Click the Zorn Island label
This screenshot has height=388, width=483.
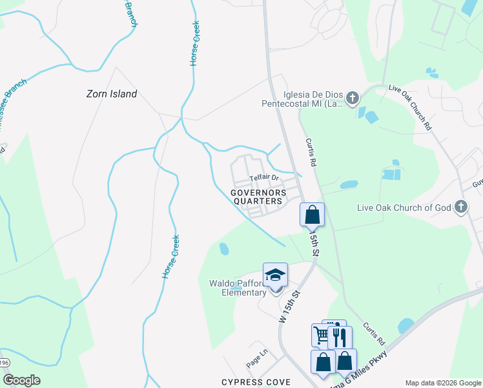112,94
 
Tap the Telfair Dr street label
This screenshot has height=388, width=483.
263,177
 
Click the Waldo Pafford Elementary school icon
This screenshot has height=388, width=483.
275,275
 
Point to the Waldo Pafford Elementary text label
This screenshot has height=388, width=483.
238,288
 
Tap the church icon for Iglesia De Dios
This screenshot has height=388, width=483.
352,98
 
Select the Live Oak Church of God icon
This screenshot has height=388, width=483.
460,207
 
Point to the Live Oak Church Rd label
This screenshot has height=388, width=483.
410,107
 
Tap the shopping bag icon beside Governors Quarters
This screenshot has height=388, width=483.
313,213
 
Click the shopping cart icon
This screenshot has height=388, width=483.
322,334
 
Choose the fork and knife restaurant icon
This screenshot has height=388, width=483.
340,336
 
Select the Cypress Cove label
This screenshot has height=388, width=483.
256,382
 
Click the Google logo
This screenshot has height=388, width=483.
21,380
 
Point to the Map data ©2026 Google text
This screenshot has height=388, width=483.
442,383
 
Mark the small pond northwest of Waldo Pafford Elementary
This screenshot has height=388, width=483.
224,248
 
